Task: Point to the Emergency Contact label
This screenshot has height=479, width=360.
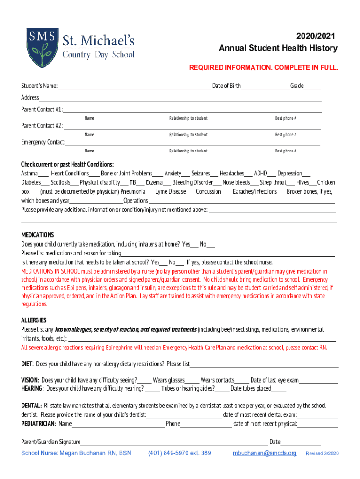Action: click(x=43, y=142)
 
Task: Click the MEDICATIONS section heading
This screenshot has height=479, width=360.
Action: click(x=37, y=235)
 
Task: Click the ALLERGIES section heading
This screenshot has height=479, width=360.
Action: click(x=34, y=320)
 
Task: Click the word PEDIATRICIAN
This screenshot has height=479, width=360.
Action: click(x=38, y=424)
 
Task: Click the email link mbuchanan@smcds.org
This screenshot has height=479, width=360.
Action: click(x=265, y=453)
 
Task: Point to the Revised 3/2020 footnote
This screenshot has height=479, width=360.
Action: click(x=322, y=454)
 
